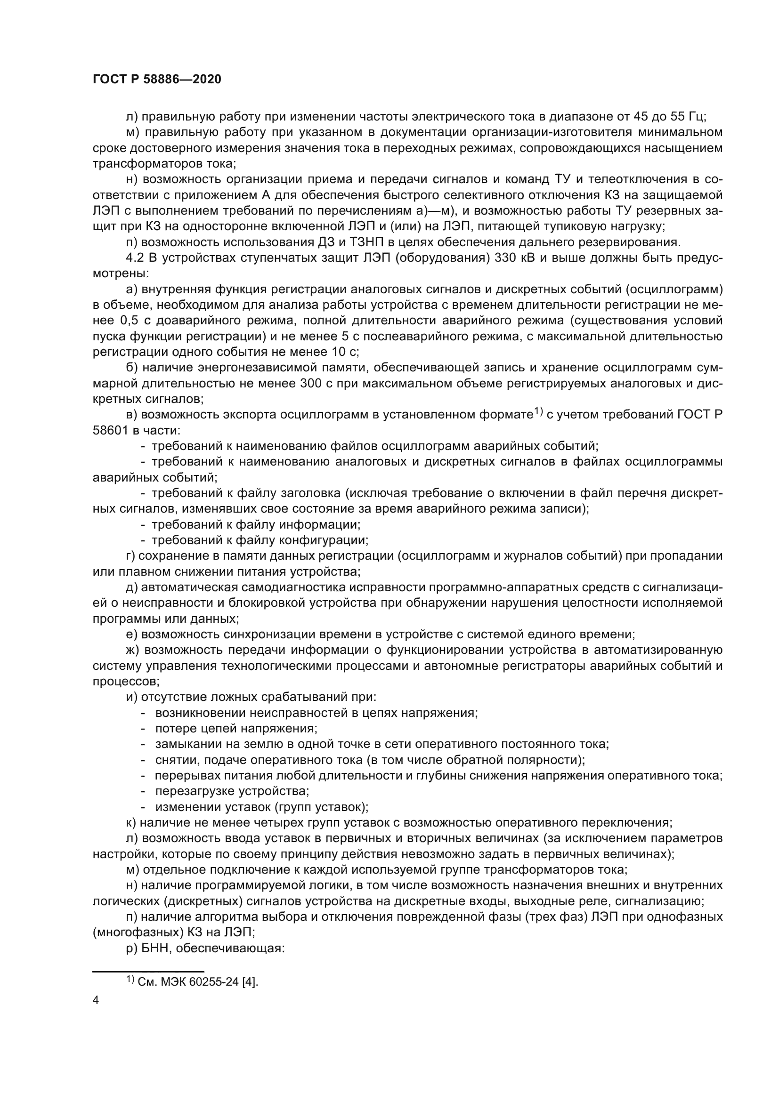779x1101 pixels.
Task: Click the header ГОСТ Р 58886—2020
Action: (157, 80)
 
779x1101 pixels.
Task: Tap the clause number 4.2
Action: (135, 258)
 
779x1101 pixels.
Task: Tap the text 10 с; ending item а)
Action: (345, 352)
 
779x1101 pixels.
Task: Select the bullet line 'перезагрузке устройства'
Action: (232, 791)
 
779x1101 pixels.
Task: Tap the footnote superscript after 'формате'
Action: (538, 411)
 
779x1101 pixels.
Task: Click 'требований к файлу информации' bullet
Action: (256, 524)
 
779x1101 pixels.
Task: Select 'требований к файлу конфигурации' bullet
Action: (260, 540)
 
